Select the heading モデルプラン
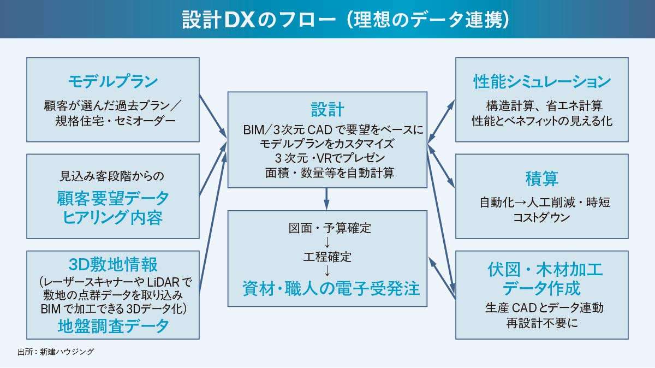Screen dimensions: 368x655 [113, 81]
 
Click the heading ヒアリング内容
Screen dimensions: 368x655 [113, 218]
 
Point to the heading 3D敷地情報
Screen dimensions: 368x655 [113, 265]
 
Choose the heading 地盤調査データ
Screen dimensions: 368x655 [113, 326]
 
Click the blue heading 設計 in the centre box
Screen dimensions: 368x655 [327, 109]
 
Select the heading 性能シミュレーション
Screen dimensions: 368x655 [541, 82]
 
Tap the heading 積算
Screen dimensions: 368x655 [541, 179]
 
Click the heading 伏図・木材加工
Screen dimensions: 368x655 [541, 269]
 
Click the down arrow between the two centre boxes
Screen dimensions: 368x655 [327, 197]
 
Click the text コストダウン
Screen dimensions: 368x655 [541, 217]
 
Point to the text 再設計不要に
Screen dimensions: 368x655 [541, 323]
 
